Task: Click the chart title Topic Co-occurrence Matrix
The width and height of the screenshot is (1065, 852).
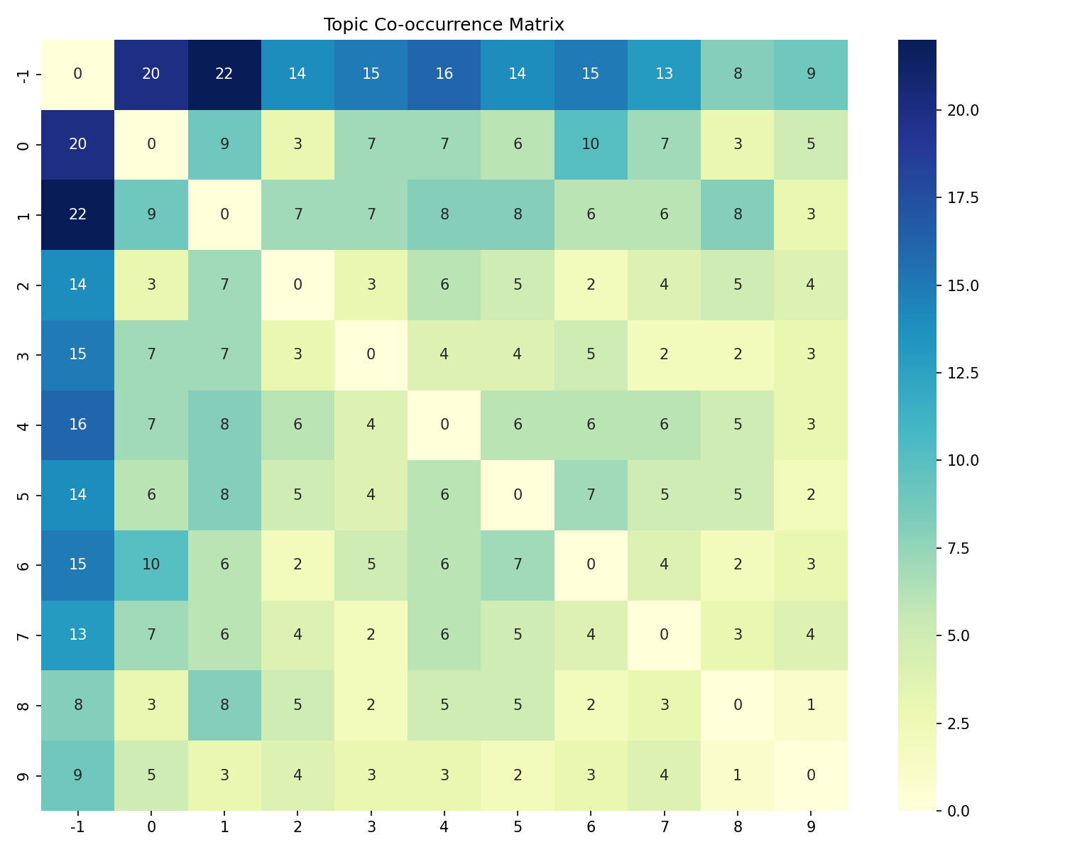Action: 444,25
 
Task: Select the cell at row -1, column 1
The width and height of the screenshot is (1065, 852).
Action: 224,75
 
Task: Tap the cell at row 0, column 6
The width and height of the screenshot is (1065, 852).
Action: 591,144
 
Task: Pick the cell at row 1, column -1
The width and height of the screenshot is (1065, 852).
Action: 77,214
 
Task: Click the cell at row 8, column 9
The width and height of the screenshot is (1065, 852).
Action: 811,705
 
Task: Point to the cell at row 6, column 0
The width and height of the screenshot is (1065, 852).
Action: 151,564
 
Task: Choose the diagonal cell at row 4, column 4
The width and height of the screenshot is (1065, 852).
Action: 444,425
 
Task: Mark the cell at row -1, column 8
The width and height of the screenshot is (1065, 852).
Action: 738,75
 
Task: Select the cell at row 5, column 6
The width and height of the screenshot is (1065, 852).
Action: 591,495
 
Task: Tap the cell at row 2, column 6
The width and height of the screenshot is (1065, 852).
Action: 591,285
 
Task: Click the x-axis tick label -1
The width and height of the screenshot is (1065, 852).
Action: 77,826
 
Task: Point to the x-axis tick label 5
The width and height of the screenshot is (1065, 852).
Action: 518,826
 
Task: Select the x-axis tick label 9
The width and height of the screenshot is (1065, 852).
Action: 811,826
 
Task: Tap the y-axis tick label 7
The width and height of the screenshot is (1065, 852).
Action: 23,635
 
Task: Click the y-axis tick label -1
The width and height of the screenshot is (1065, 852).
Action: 23,75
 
